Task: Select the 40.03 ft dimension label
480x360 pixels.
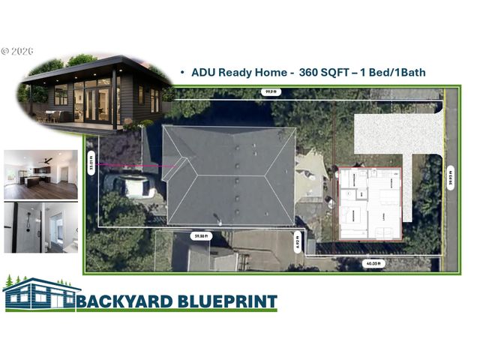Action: pyautogui.click(x=373, y=264)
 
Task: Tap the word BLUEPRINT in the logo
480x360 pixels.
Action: pyautogui.click(x=225, y=301)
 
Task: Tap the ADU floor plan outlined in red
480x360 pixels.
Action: pyautogui.click(x=370, y=202)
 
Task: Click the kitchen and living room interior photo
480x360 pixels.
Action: pyautogui.click(x=40, y=174)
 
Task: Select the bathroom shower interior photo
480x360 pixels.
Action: pyautogui.click(x=40, y=226)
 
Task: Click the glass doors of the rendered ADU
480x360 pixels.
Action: pyautogui.click(x=96, y=101)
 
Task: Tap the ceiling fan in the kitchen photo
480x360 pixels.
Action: pyautogui.click(x=46, y=159)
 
